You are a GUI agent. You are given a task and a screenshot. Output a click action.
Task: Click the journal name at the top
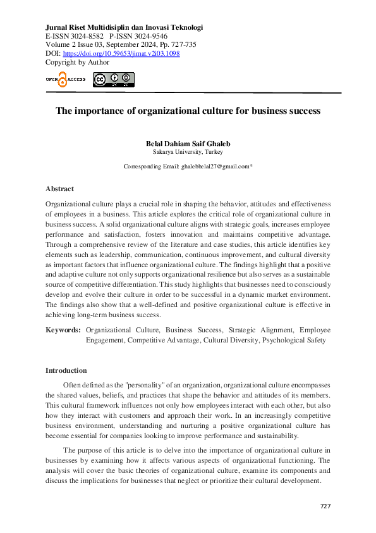(124, 27)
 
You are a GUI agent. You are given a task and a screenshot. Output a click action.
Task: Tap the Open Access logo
(64, 79)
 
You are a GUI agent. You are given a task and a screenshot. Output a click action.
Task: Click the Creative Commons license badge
(114, 80)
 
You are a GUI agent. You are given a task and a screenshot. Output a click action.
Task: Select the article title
(188, 111)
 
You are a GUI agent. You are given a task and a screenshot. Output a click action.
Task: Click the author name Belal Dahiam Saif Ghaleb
(188, 143)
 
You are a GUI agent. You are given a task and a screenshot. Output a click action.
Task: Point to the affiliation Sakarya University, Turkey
(188, 152)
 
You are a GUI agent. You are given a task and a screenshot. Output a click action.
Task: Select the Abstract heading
(59, 189)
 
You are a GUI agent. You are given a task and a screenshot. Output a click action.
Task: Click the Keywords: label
(63, 330)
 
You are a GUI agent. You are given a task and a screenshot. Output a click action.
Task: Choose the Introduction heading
(66, 370)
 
